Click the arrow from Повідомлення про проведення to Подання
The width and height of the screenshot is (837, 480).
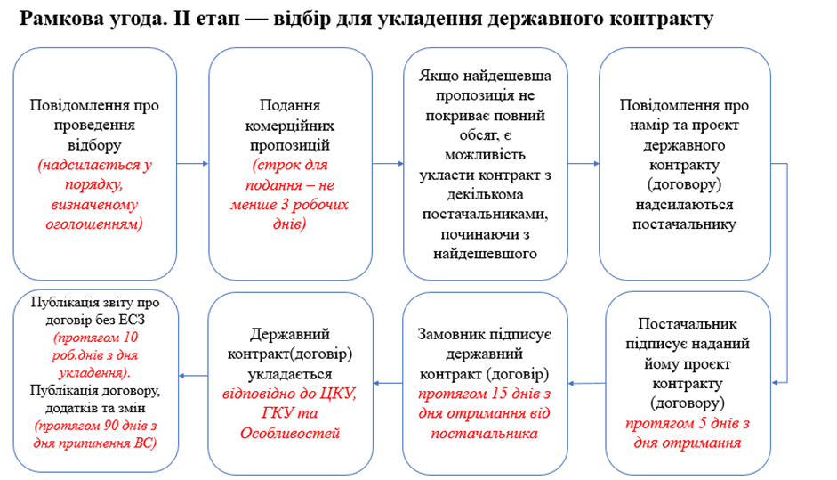[x=192, y=164]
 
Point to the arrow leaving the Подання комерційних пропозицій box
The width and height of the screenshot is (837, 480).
[x=388, y=164]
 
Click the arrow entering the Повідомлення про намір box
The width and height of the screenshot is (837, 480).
[x=583, y=164]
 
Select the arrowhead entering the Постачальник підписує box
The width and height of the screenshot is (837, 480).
[x=776, y=382]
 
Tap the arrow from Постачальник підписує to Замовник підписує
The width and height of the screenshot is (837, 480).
[x=587, y=383]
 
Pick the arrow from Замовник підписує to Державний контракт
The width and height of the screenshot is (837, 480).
[x=388, y=383]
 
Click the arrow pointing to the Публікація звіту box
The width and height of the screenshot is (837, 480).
[x=193, y=376]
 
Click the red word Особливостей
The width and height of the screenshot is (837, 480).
[x=290, y=433]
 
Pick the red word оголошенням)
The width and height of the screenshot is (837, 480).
[x=94, y=224]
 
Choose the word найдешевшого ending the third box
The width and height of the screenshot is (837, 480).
[x=486, y=254]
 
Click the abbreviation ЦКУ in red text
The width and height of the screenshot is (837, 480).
[x=338, y=394]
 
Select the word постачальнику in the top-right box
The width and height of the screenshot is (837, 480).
[x=684, y=224]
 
